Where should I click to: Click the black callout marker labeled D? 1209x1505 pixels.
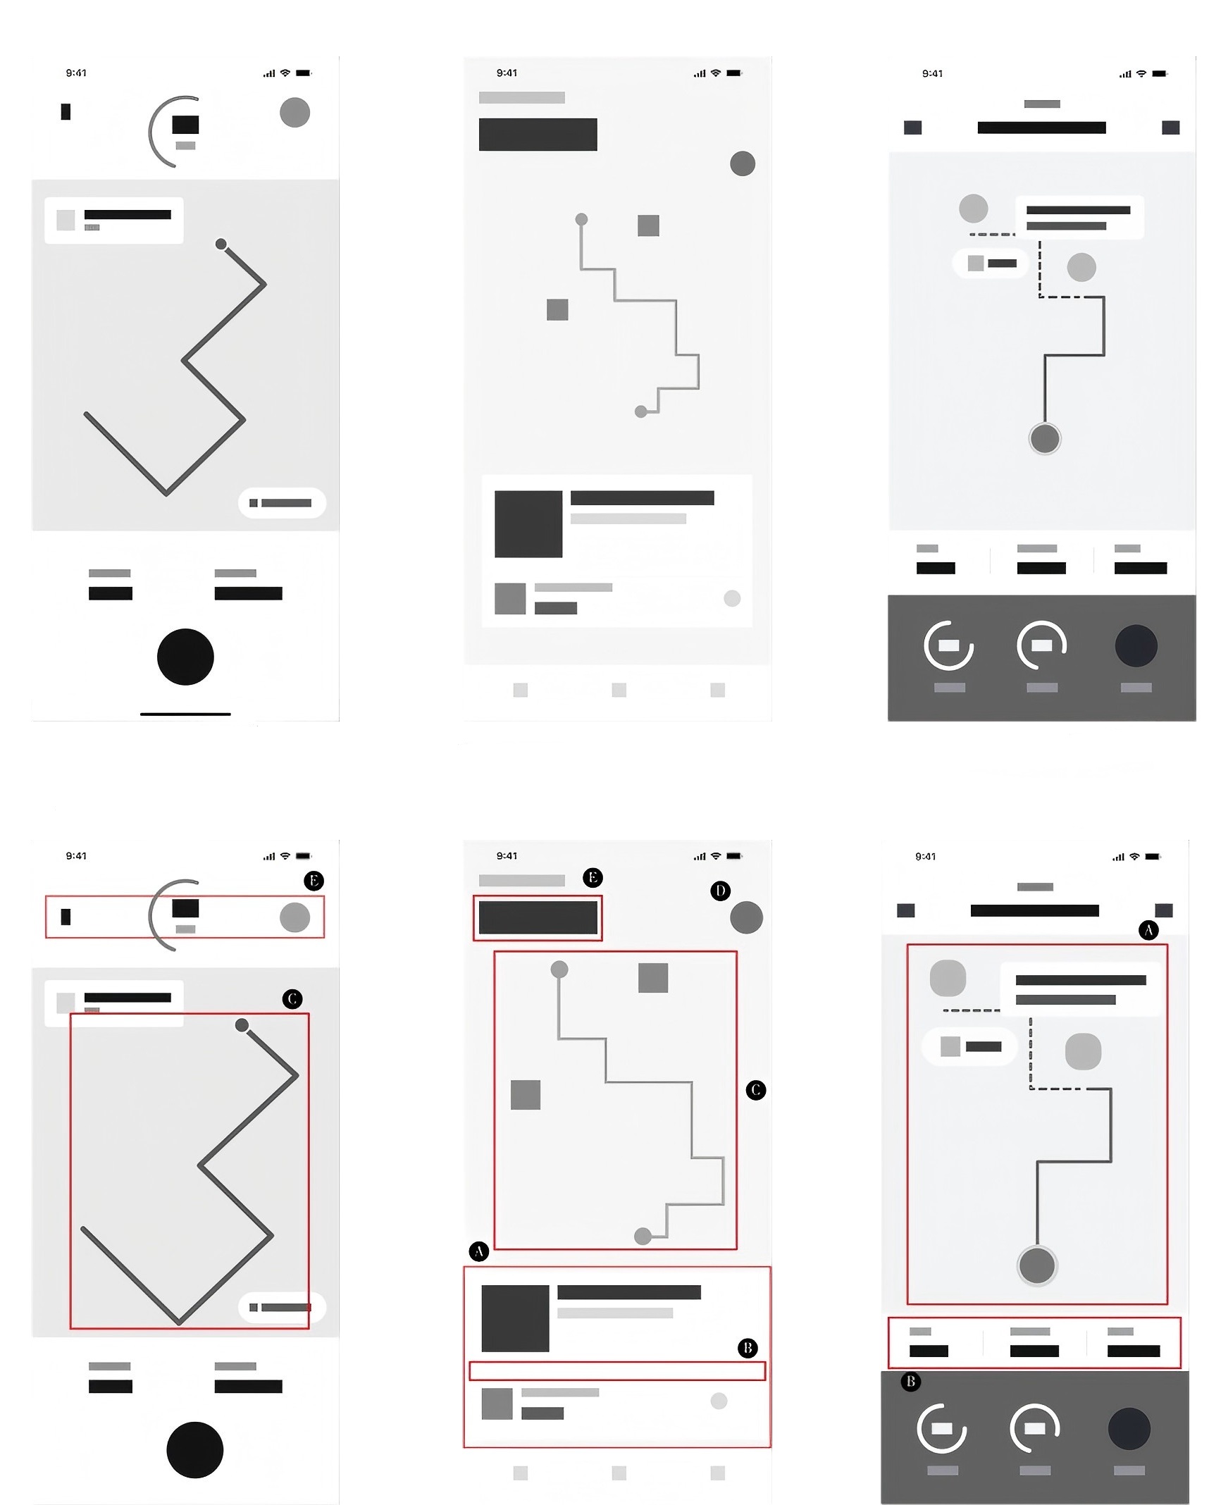pyautogui.click(x=720, y=891)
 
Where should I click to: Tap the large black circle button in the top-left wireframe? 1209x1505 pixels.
pyautogui.click(x=185, y=657)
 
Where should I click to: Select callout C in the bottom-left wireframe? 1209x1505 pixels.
pyautogui.click(x=292, y=998)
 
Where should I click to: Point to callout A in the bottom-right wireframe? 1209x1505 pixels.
pyautogui.click(x=1148, y=930)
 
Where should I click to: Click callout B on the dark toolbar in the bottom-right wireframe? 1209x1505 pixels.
pyautogui.click(x=910, y=1381)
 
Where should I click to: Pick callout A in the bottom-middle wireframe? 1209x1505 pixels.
pyautogui.click(x=479, y=1251)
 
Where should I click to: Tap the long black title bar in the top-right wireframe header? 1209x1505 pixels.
pyautogui.click(x=1041, y=128)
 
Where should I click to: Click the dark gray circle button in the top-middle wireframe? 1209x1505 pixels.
pyautogui.click(x=743, y=163)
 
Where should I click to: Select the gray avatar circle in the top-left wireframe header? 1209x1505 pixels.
pyautogui.click(x=294, y=113)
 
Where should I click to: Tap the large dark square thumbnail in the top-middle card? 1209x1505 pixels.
pyautogui.click(x=528, y=524)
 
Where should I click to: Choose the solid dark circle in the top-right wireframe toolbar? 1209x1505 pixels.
pyautogui.click(x=1136, y=645)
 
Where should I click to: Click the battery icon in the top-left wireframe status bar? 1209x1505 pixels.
pyautogui.click(x=304, y=73)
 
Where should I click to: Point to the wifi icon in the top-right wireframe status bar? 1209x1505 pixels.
pyautogui.click(x=1141, y=73)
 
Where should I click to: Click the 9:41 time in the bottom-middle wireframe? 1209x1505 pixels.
pyautogui.click(x=507, y=855)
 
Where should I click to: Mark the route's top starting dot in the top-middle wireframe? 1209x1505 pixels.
pyautogui.click(x=581, y=219)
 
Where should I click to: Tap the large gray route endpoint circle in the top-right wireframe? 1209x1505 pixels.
pyautogui.click(x=1044, y=438)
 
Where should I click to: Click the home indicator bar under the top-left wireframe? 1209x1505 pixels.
pyautogui.click(x=185, y=714)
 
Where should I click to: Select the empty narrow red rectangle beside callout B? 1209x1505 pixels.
pyautogui.click(x=617, y=1370)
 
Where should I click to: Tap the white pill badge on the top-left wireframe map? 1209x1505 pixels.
pyautogui.click(x=282, y=502)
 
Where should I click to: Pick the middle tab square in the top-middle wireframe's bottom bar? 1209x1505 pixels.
pyautogui.click(x=619, y=690)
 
